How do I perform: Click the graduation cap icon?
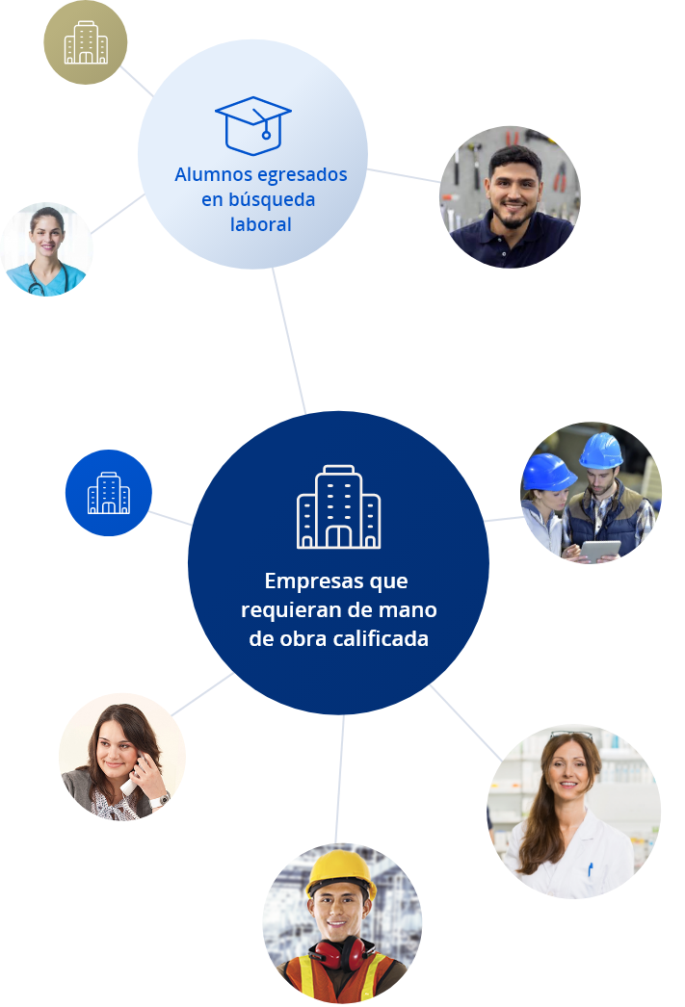252,126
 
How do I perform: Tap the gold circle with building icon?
86,42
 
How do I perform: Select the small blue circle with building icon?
109,493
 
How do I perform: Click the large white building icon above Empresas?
338,506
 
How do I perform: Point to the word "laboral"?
261,224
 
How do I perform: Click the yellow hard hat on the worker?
341,871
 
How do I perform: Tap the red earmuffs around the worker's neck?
340,951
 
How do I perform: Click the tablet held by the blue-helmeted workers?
600,551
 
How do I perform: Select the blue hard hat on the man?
601,450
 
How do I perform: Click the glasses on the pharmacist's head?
570,734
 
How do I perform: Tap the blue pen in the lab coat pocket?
590,869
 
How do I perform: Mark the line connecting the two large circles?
289,341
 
